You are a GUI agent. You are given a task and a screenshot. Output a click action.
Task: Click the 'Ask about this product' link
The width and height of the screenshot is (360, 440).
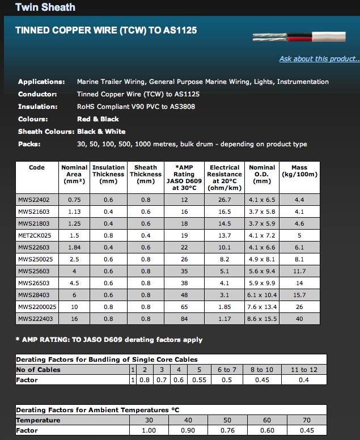(319, 59)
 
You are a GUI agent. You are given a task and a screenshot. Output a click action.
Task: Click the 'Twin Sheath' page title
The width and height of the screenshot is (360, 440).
(45, 7)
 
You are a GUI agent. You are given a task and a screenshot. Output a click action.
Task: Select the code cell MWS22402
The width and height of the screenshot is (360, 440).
(35, 200)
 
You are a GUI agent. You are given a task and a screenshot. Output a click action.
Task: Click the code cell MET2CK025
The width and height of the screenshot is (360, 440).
(35, 235)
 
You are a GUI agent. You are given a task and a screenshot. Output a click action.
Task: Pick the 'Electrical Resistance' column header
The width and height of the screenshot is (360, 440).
(225, 177)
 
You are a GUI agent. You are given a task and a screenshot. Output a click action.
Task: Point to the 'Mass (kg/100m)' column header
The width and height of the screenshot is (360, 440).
(299, 171)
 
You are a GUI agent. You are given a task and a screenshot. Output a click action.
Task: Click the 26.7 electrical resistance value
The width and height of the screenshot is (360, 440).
(225, 200)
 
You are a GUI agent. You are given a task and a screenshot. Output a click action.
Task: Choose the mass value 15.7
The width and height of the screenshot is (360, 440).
(299, 295)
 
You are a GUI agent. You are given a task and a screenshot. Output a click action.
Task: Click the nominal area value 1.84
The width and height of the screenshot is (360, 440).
(74, 247)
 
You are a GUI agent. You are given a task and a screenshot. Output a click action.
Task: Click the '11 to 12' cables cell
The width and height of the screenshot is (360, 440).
(303, 370)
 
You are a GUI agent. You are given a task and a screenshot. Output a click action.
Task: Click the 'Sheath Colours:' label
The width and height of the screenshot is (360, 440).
(45, 132)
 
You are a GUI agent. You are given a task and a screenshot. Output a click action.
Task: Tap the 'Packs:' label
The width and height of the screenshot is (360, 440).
(29, 144)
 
